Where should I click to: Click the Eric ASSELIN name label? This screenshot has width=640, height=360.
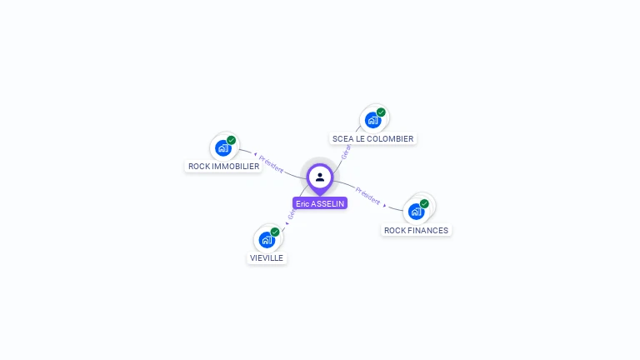[320, 203]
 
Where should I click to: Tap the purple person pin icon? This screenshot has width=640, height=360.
[320, 177]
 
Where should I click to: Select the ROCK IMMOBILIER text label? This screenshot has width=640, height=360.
[223, 167]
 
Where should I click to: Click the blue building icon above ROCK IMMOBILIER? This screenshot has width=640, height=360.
[222, 148]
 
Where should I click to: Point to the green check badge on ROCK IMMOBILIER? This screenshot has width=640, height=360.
[232, 140]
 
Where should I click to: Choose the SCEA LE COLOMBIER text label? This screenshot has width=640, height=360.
[372, 139]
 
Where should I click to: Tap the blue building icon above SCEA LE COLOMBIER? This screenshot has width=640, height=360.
[372, 120]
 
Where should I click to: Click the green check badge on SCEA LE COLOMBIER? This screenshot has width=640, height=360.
[381, 112]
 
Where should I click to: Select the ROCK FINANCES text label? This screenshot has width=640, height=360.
[416, 231]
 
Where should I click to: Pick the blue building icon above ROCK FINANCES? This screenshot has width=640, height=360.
[416, 212]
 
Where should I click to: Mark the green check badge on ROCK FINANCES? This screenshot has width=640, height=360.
[424, 203]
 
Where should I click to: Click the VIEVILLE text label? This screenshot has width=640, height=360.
[267, 258]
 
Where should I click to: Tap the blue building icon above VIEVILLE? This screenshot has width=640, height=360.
[267, 240]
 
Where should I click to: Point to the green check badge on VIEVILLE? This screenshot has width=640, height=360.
[275, 232]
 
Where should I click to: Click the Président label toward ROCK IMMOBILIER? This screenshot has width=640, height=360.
[271, 162]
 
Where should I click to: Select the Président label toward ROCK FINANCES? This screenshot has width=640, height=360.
[367, 196]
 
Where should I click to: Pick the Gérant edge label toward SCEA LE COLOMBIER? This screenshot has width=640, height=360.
[346, 151]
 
